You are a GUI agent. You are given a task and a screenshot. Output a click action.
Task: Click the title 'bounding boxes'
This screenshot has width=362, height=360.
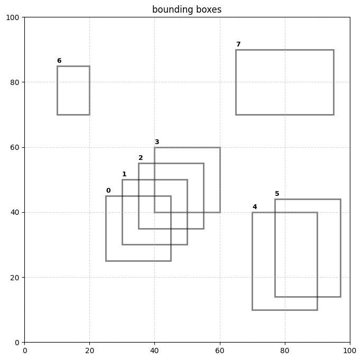pyautogui.click(x=187, y=10)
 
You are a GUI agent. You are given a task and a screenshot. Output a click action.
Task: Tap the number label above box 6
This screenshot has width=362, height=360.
pyautogui.click(x=59, y=61)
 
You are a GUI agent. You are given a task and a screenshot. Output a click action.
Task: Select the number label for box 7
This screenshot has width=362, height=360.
pyautogui.click(x=238, y=44)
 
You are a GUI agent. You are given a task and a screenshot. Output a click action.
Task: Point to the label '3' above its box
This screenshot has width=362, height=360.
pyautogui.click(x=156, y=142)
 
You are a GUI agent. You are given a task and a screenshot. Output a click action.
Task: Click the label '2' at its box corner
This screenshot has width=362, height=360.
pyautogui.click(x=141, y=158)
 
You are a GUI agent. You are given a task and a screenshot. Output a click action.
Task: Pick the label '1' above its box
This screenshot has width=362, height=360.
pyautogui.click(x=124, y=174)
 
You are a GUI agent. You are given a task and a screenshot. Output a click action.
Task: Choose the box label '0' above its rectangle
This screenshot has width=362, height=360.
pyautogui.click(x=108, y=191)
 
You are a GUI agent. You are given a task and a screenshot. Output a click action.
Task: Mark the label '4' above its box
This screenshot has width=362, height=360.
pyautogui.click(x=255, y=207)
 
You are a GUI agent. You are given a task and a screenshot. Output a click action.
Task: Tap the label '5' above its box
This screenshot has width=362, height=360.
pyautogui.click(x=277, y=194)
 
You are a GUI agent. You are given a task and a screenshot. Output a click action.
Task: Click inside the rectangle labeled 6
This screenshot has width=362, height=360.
pyautogui.click(x=73, y=90)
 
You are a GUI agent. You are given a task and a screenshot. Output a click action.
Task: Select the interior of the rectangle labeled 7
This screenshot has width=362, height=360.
pyautogui.click(x=284, y=82)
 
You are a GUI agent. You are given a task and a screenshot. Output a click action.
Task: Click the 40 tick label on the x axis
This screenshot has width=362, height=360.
pyautogui.click(x=154, y=350)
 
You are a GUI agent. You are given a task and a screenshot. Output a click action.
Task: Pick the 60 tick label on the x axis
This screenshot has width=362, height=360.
pyautogui.click(x=220, y=350)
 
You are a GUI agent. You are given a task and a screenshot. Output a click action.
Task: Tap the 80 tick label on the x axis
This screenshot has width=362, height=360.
pyautogui.click(x=285, y=350)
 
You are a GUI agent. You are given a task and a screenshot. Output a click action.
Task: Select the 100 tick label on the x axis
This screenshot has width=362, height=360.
pyautogui.click(x=350, y=350)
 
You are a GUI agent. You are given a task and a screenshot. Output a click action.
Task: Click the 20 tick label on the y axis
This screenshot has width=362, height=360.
pyautogui.click(x=15, y=278)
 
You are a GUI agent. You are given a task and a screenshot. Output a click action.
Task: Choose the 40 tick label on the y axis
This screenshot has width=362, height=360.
pyautogui.click(x=15, y=212)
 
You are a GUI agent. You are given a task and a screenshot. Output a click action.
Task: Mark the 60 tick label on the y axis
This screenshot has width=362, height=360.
pyautogui.click(x=15, y=147)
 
